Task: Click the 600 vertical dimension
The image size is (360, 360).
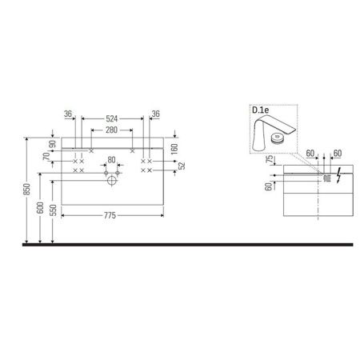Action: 40,205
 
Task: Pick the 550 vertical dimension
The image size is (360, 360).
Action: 52,210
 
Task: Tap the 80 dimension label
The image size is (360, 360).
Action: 111,158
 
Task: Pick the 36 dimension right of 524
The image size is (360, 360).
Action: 158,114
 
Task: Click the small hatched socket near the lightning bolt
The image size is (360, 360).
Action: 326,178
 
